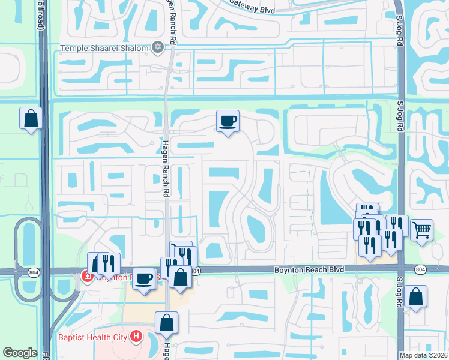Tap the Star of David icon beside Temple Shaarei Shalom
tap(158, 47)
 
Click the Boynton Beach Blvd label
tap(309, 270)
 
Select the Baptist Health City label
tap(92, 337)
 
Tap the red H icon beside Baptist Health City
tap(136, 337)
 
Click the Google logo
tap(20, 352)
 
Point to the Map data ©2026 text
tap(422, 355)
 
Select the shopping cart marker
tap(422, 229)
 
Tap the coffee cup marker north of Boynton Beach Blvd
tap(228, 121)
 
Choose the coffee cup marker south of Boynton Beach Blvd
tap(143, 278)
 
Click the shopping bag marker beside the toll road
tap(31, 118)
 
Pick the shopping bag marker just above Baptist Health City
tap(167, 323)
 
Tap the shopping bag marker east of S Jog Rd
tap(415, 296)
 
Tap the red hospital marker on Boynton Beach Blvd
tap(86, 277)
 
